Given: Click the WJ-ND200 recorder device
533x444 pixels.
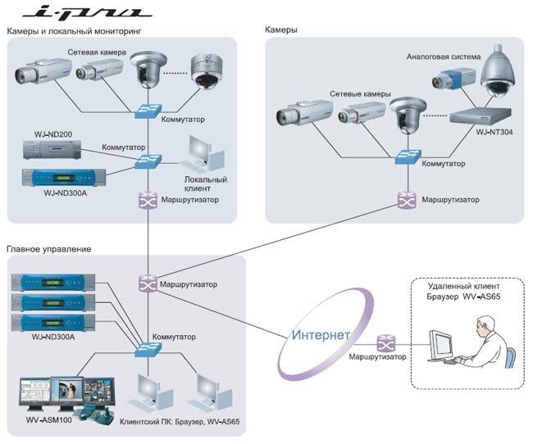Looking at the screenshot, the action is coord(52,149).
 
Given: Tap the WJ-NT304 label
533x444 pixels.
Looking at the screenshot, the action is coord(494,132).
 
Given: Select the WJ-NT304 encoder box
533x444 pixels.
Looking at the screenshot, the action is coord(481,116).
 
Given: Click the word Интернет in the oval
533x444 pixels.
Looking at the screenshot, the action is coord(321,335).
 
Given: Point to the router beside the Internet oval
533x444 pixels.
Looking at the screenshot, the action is coord(386,343).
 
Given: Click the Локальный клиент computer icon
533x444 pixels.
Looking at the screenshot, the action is coord(203,154).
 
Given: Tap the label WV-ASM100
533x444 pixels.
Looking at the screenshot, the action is coord(49,420).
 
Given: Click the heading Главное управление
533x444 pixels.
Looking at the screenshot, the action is coord(49,249).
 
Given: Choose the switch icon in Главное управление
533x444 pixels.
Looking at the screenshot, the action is coord(148,350).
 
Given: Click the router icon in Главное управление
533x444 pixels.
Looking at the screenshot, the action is coord(148,283).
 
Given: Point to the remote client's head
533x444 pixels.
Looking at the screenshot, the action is coord(485,326).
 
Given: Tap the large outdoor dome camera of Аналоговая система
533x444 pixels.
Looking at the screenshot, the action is coord(497,71).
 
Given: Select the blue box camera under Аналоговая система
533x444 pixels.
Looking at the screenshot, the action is coord(453,79).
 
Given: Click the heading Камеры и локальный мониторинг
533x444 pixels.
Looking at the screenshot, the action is coord(74,31).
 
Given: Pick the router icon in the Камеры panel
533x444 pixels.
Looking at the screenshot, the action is coord(407,200).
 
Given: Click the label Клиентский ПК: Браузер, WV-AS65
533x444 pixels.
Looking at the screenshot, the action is coord(180,422).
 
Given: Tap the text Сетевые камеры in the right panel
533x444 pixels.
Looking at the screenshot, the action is coord(360,93).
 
